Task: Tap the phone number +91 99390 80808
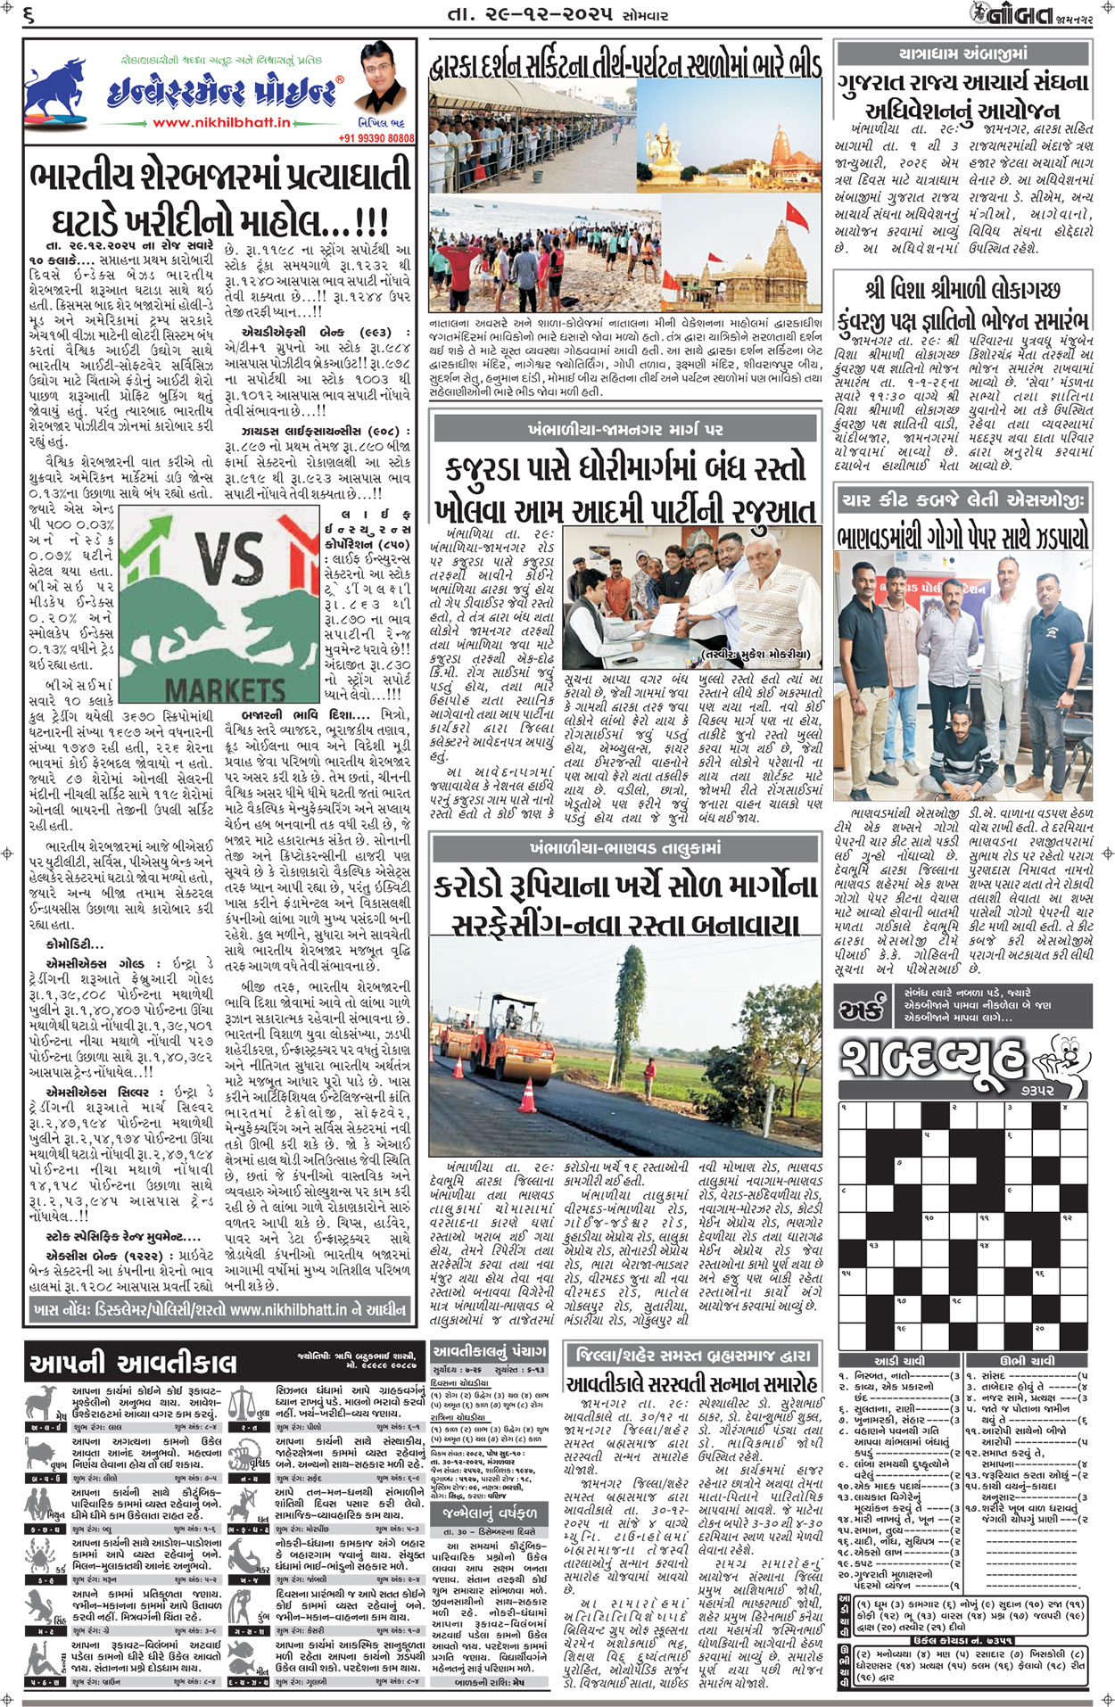tap(376, 138)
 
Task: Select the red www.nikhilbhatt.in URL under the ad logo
tap(221, 123)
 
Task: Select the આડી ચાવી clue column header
tap(898, 1361)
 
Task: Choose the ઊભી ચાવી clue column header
tap(1026, 1361)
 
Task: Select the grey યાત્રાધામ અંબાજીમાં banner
tap(963, 54)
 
